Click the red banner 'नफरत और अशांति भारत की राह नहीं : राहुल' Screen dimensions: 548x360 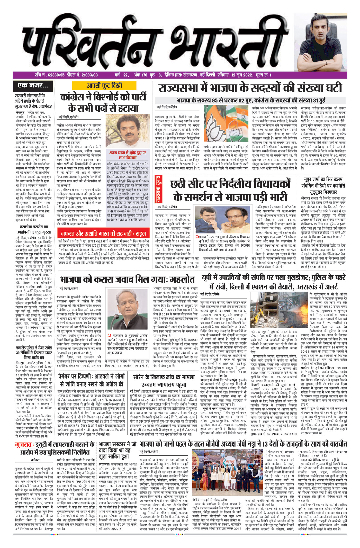pos(103,234)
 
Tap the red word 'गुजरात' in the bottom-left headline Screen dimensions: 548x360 pos(23,445)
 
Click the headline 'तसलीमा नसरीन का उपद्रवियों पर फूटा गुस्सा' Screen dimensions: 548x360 pos(34,229)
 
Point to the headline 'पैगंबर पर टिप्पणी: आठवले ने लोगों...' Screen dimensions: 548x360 pos(92,380)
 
